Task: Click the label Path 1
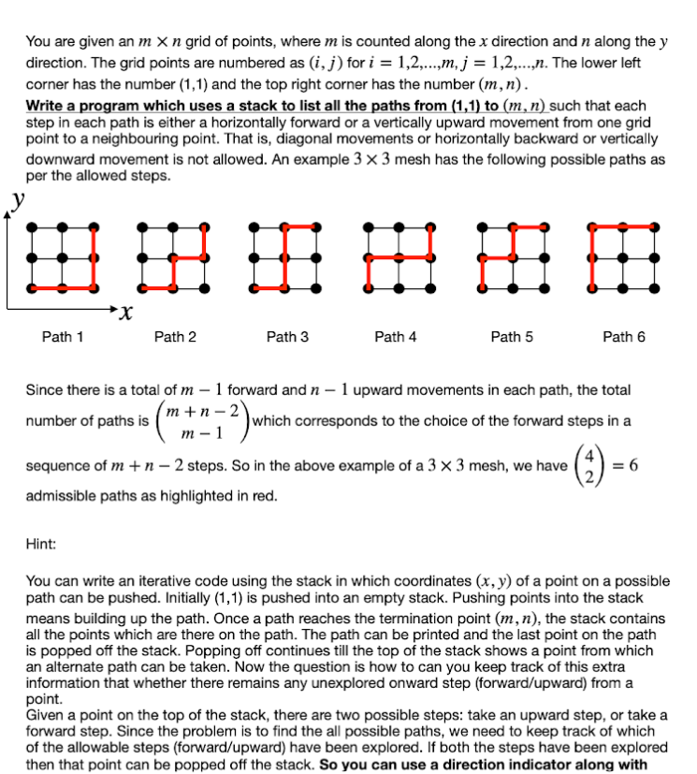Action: point(63,337)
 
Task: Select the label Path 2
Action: point(175,337)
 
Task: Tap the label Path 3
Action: point(287,337)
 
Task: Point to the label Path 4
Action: point(396,337)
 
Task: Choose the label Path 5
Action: point(512,337)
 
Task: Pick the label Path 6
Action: point(624,337)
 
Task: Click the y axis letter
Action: point(16,199)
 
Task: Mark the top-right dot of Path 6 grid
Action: point(655,226)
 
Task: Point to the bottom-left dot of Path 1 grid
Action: point(33,286)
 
